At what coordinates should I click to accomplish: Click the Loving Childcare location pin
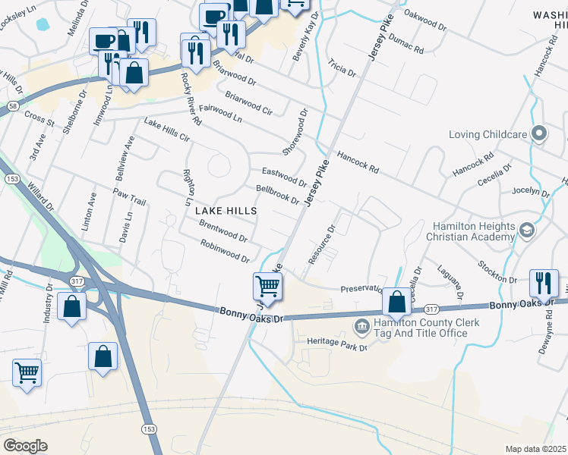point(539,134)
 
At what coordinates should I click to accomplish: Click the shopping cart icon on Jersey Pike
point(267,286)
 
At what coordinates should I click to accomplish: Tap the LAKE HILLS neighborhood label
point(226,210)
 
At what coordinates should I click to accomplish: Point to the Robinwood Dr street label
point(225,251)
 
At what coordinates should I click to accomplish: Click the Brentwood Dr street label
point(223,231)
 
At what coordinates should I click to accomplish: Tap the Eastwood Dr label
point(284,177)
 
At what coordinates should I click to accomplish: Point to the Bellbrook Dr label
point(277,195)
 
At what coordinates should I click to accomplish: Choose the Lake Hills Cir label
point(166,131)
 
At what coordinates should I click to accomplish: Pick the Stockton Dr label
point(497,271)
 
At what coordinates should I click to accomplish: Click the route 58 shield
point(15,107)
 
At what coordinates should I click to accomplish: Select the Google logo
point(25,445)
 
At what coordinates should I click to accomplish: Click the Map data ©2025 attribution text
point(535,449)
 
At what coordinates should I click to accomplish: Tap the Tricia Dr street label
point(342,67)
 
